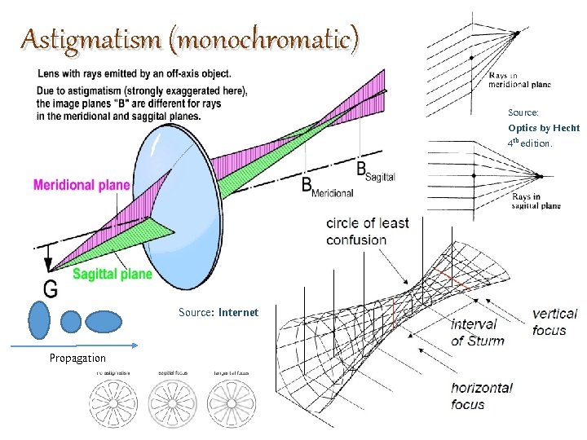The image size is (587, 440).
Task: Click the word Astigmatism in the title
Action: click(79, 38)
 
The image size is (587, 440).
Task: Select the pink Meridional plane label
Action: click(82, 185)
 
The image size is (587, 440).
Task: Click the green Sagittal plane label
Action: click(113, 274)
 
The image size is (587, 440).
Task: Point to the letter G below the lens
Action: click(51, 288)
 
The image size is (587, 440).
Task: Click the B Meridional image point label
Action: click(327, 187)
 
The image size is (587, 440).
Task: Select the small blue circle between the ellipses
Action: click(71, 322)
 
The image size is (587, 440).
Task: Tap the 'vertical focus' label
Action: click(554, 321)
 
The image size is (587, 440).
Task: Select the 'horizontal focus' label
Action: click(482, 396)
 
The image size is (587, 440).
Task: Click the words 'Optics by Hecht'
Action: click(543, 128)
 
